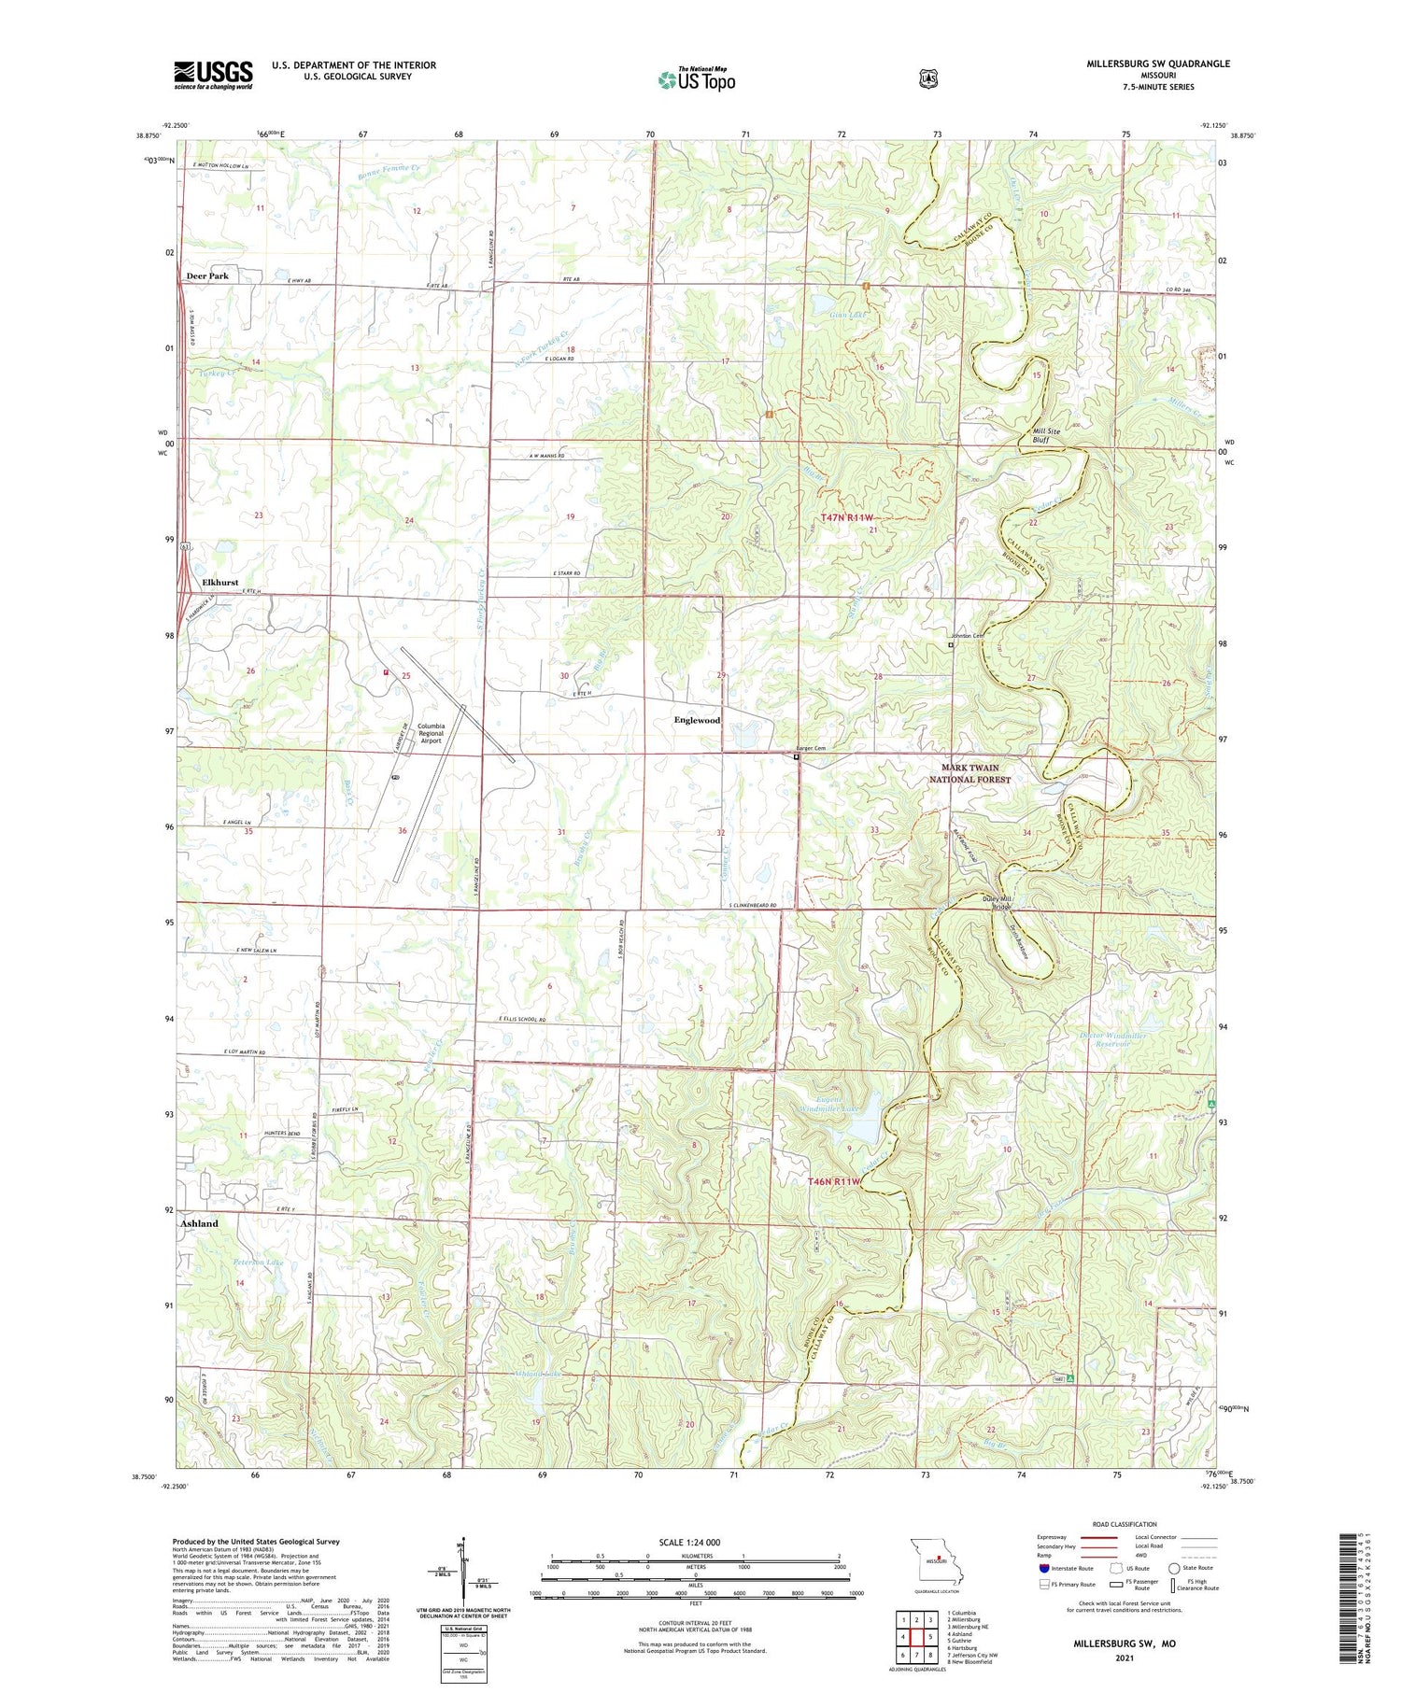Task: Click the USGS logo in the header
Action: click(x=213, y=75)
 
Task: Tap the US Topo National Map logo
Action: click(x=696, y=79)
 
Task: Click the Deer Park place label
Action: click(x=206, y=276)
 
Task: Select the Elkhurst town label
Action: click(x=219, y=582)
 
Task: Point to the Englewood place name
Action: click(x=697, y=720)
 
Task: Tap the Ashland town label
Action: click(x=199, y=1223)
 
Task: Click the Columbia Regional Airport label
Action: click(x=431, y=733)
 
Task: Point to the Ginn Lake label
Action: click(x=848, y=316)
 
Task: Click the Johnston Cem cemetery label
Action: click(x=968, y=636)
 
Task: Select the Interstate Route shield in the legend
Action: click(x=1043, y=1568)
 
